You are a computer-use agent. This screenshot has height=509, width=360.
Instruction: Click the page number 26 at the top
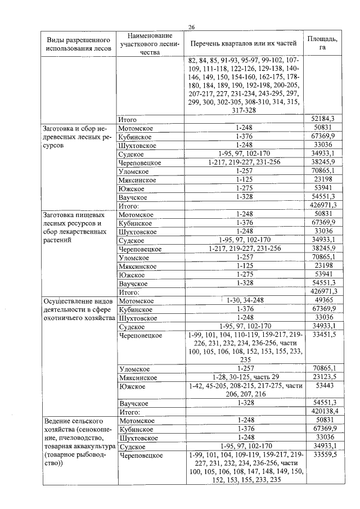tap(191, 27)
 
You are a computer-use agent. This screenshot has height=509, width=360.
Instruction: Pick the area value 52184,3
tap(323, 120)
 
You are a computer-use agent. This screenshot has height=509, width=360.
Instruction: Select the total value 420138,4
tap(323, 412)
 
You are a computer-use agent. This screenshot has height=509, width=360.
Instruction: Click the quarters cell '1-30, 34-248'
tap(245, 301)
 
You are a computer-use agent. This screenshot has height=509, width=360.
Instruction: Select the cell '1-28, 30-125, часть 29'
tap(245, 377)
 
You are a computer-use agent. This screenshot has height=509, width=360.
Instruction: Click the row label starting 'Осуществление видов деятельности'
tap(78, 309)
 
